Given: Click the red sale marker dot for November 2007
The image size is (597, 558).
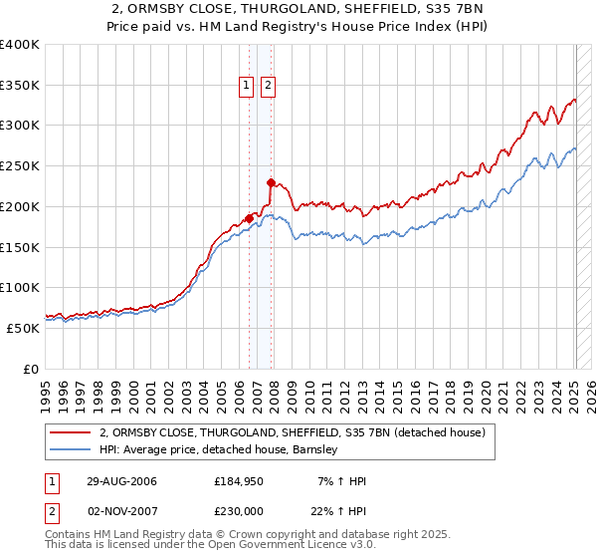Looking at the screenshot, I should [271, 181].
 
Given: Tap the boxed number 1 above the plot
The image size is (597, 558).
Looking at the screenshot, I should [247, 87].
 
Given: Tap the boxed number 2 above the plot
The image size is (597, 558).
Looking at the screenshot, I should [269, 87].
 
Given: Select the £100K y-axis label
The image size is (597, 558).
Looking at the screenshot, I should [20, 287].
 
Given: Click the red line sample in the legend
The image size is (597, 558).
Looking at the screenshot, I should [70, 433].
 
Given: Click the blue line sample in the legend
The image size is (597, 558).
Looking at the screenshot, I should [70, 450].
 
